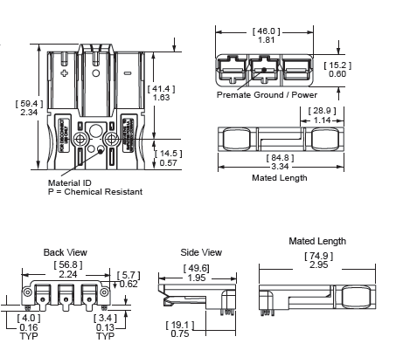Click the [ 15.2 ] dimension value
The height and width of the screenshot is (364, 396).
pyautogui.click(x=337, y=65)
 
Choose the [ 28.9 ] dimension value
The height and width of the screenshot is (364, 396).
pyautogui.click(x=323, y=110)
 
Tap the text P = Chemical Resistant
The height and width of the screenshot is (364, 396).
pyautogui.click(x=94, y=191)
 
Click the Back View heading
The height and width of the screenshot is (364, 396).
pyautogui.click(x=65, y=251)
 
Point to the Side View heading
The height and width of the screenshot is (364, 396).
pyautogui.click(x=201, y=251)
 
